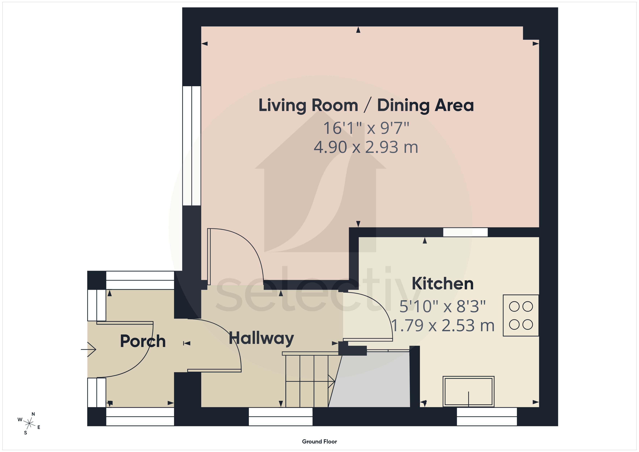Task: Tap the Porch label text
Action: coord(143,341)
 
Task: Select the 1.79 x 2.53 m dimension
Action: coord(442,325)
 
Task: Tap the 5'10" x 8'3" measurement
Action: coord(442,306)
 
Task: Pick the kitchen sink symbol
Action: coord(468,391)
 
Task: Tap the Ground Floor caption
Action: coord(319,441)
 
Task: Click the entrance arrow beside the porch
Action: coord(89,349)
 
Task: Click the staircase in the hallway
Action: coord(310,380)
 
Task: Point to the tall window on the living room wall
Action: coord(192,146)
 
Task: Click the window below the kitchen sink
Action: coord(487,417)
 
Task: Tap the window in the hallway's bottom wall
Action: coord(281,417)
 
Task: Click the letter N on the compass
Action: coord(33,414)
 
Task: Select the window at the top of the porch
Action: coord(140,280)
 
